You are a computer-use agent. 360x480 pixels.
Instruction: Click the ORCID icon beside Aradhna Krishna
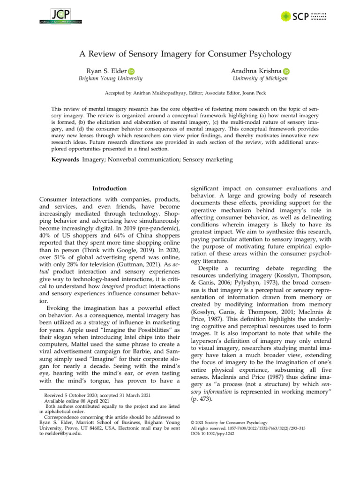286,71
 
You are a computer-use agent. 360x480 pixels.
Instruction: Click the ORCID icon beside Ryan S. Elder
131,71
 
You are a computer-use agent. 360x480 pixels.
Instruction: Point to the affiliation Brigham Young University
110,79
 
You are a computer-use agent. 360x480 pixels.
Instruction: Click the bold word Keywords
65,160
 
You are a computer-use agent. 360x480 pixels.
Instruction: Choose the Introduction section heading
109,188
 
